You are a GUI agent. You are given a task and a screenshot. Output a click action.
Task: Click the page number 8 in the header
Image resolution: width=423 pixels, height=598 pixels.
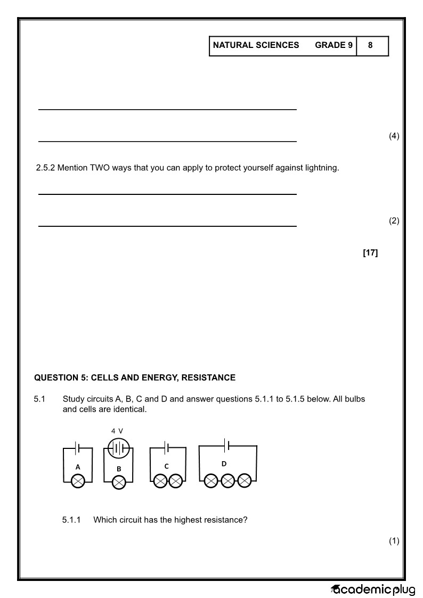tap(370, 45)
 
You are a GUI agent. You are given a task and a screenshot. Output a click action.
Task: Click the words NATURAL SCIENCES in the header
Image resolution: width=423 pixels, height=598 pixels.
tap(256, 45)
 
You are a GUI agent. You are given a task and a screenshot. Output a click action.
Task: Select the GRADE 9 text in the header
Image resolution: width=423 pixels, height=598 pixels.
tap(333, 45)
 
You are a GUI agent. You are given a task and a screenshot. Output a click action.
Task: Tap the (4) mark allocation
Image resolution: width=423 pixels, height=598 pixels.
tap(394, 136)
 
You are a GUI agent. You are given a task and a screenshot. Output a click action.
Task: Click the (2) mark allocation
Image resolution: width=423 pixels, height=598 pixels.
tap(394, 221)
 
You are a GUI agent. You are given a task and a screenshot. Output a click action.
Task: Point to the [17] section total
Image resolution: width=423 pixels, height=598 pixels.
tap(370, 253)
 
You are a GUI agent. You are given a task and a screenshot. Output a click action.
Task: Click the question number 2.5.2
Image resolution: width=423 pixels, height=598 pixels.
tap(45, 168)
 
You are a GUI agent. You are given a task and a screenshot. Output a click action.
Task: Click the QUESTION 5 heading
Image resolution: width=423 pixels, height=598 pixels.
tap(135, 378)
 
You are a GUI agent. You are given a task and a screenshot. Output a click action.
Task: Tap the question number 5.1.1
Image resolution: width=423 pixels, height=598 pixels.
tap(71, 520)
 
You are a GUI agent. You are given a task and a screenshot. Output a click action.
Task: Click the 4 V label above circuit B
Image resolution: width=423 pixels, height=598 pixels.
tap(117, 431)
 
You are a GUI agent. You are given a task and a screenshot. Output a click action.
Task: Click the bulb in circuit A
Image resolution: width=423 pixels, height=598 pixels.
tap(78, 481)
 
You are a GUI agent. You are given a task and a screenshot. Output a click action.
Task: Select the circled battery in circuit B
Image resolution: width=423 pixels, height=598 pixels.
tap(119, 449)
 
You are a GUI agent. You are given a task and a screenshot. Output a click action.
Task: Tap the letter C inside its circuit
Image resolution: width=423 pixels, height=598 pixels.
tap(166, 466)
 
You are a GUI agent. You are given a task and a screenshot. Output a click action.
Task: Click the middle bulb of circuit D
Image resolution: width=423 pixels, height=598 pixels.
tap(228, 481)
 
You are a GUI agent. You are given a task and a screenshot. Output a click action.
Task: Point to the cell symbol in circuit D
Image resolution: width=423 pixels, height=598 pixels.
tap(227, 445)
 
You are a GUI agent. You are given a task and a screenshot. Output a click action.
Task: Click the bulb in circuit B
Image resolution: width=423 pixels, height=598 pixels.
tap(119, 482)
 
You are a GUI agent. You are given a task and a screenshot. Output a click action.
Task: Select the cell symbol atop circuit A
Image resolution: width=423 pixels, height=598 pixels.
tap(78, 448)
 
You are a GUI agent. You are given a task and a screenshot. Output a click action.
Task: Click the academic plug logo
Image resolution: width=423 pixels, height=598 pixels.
tap(373, 589)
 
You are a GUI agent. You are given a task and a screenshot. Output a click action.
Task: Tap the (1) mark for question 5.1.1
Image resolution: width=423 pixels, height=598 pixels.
tap(394, 542)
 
